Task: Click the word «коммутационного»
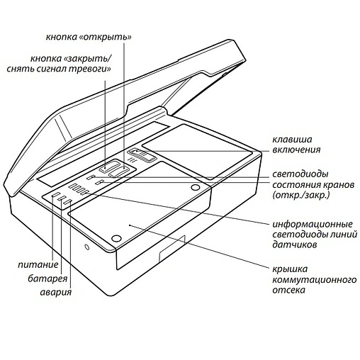(x=314, y=280)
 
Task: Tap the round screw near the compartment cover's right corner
(x=195, y=187)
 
